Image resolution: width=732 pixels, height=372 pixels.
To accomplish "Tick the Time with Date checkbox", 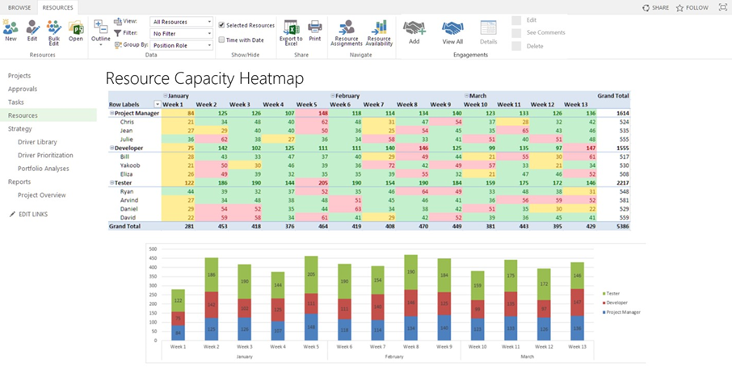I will point(222,39).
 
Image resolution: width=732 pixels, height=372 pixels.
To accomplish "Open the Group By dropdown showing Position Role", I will point(182,46).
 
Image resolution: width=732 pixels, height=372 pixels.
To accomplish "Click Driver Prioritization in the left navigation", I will point(45,155).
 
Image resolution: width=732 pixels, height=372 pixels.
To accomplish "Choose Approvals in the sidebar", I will point(23,89).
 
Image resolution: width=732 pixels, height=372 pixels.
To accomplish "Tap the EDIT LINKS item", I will point(32,214).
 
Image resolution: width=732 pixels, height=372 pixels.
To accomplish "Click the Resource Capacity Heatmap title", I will point(204,79).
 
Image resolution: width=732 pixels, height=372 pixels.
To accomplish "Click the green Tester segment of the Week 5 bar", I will point(310,274).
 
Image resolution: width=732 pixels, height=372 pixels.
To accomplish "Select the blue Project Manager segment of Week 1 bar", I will point(179,332).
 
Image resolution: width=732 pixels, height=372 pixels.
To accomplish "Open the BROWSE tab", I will point(19,6).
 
